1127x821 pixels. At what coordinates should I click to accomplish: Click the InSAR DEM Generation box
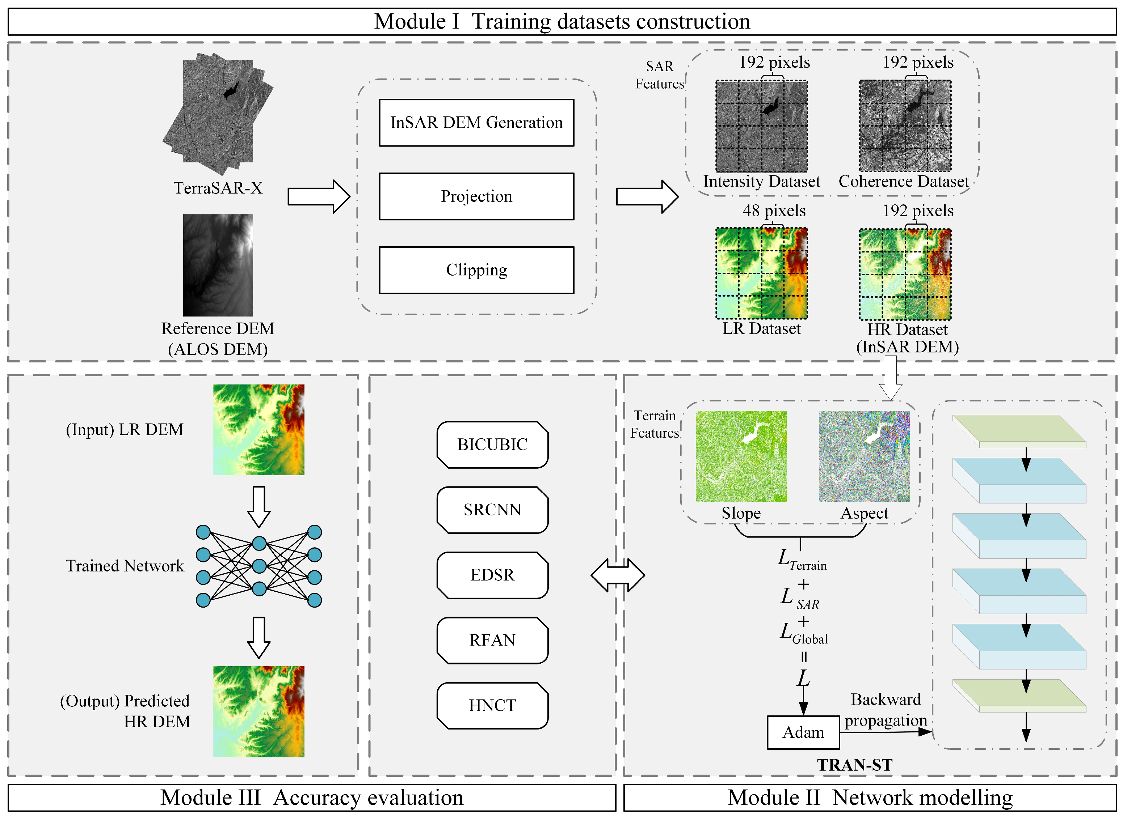click(x=476, y=123)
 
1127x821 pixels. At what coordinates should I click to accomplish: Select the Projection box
click(x=476, y=196)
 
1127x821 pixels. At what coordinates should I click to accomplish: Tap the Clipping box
click(x=476, y=270)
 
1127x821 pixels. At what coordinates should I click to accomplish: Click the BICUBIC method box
click(x=492, y=444)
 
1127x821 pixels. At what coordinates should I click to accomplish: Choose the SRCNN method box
click(x=492, y=510)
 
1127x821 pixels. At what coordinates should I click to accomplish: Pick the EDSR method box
click(x=492, y=575)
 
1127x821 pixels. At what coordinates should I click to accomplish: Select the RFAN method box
click(x=492, y=640)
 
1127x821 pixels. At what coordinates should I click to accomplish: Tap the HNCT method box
click(x=492, y=705)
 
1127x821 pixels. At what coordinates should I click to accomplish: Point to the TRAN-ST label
click(x=854, y=765)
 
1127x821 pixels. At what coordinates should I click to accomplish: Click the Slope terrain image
click(x=741, y=456)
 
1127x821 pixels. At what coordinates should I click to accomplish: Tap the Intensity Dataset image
click(x=761, y=126)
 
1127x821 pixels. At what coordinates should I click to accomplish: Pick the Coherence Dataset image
click(x=905, y=126)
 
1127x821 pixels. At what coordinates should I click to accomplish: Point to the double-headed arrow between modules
click(x=618, y=575)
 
